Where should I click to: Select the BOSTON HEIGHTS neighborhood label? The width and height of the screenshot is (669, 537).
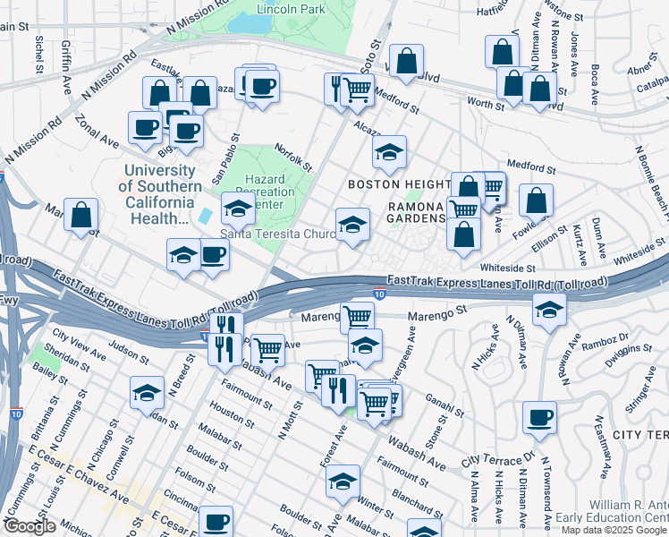coord(398,183)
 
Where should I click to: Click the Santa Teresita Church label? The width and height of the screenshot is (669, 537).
coord(278,234)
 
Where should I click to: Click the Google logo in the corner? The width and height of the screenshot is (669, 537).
coord(30,526)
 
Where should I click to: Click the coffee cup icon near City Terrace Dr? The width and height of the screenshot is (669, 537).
coord(540,418)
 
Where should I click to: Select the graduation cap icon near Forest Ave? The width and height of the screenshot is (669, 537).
coord(343,482)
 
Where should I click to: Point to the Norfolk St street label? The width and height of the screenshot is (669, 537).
coord(292,158)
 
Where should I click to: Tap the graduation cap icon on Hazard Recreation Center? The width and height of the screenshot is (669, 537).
coord(238,209)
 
